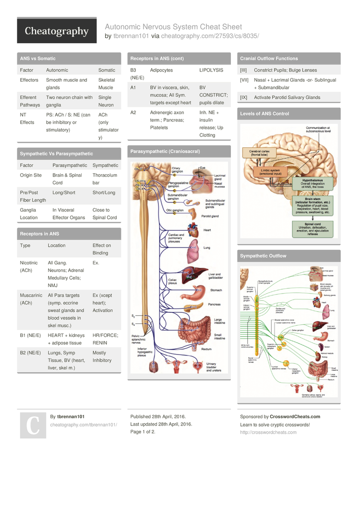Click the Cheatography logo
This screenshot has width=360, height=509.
(57, 31)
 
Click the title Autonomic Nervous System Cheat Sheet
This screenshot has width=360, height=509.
(173, 27)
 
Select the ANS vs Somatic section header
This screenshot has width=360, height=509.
(37, 59)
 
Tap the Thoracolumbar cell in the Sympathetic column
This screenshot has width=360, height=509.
(105, 179)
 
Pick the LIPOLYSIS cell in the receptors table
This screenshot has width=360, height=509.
(211, 70)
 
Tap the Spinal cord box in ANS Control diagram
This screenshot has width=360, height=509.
(312, 228)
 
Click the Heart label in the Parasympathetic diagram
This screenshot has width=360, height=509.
(207, 230)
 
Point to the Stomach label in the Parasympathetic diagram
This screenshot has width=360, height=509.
(216, 290)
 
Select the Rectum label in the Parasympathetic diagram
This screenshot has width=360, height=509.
(206, 349)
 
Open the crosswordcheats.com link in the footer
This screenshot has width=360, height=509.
(268, 432)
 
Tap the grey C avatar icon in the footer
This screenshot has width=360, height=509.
(32, 425)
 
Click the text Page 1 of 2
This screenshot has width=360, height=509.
(143, 432)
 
